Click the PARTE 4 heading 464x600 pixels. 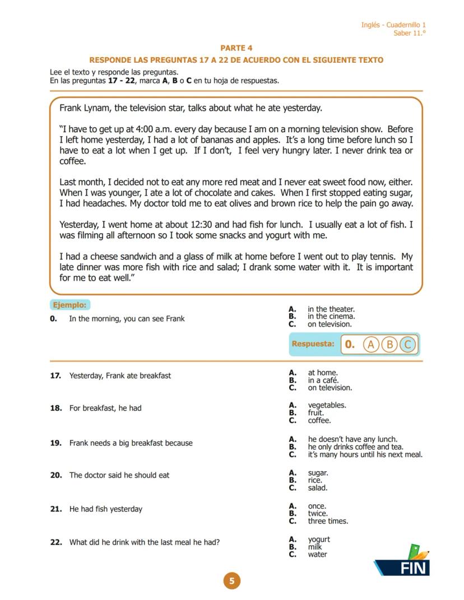tap(236, 48)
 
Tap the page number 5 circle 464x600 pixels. tap(231, 581)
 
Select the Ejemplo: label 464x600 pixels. tap(69, 305)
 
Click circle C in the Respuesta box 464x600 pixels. tap(408, 345)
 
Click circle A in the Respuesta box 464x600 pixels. tap(370, 345)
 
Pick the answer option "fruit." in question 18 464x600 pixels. tap(315, 413)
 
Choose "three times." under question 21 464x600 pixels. tap(327, 521)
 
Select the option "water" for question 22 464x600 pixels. tap(317, 555)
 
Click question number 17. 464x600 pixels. tap(55, 376)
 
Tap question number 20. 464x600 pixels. tap(55, 475)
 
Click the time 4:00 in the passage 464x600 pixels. tap(148, 129)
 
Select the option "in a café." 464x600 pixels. tap(323, 380)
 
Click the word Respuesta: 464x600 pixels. tap(313, 344)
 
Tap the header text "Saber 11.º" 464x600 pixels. tap(409, 33)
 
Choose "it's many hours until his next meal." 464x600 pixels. tap(365, 454)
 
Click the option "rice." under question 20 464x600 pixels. tap(315, 480)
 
